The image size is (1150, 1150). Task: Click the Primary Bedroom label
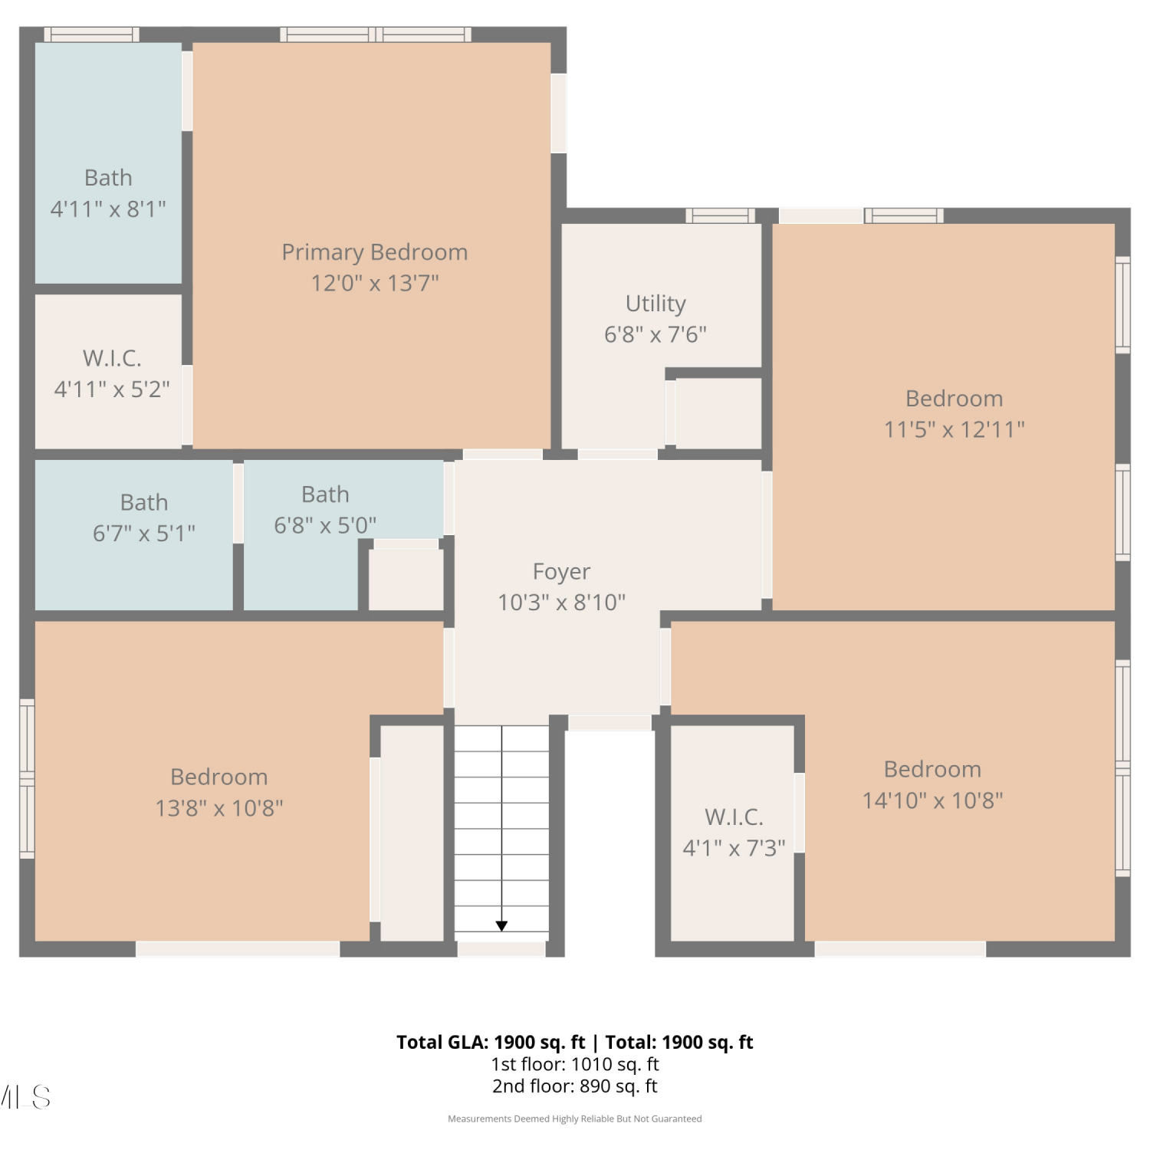coord(374,252)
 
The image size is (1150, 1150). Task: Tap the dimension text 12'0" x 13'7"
coord(374,283)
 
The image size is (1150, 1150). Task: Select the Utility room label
coord(655,304)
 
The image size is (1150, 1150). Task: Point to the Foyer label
coord(561,572)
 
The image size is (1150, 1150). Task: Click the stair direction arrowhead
coord(501,926)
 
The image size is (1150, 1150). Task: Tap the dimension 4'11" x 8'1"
coord(108,209)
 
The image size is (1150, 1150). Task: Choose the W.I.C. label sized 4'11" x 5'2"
coord(112,358)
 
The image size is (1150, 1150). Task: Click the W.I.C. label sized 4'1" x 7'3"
coord(734,817)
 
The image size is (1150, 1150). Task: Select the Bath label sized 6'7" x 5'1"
coord(144,502)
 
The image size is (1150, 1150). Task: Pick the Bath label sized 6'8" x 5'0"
coord(325,495)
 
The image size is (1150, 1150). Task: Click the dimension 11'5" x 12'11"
coord(954,429)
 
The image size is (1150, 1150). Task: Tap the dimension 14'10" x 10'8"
coord(932,800)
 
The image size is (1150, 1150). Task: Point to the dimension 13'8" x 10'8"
coord(219,808)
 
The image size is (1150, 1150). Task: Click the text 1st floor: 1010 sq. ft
coord(575,1064)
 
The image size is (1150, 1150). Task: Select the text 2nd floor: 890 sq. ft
coord(575,1086)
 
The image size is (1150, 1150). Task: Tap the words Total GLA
coord(441,1043)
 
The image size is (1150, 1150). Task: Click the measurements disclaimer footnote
coord(575,1119)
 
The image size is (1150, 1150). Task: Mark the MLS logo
coord(25,1097)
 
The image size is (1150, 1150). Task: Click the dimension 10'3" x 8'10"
coord(561,603)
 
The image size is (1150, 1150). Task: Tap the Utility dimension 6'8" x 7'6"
coord(655,334)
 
